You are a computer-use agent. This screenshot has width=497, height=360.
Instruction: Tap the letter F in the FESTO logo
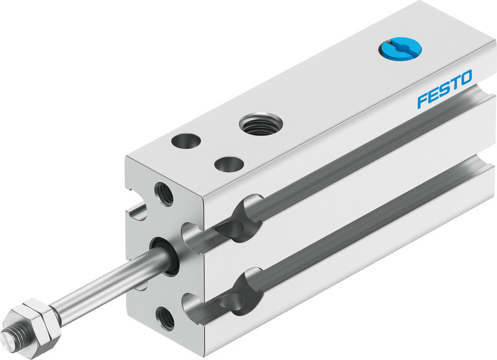pyautogui.click(x=422, y=99)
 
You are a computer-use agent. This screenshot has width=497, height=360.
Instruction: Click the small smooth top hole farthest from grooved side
pyautogui.click(x=186, y=141)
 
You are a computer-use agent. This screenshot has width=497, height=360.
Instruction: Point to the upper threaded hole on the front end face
pyautogui.click(x=165, y=193)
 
